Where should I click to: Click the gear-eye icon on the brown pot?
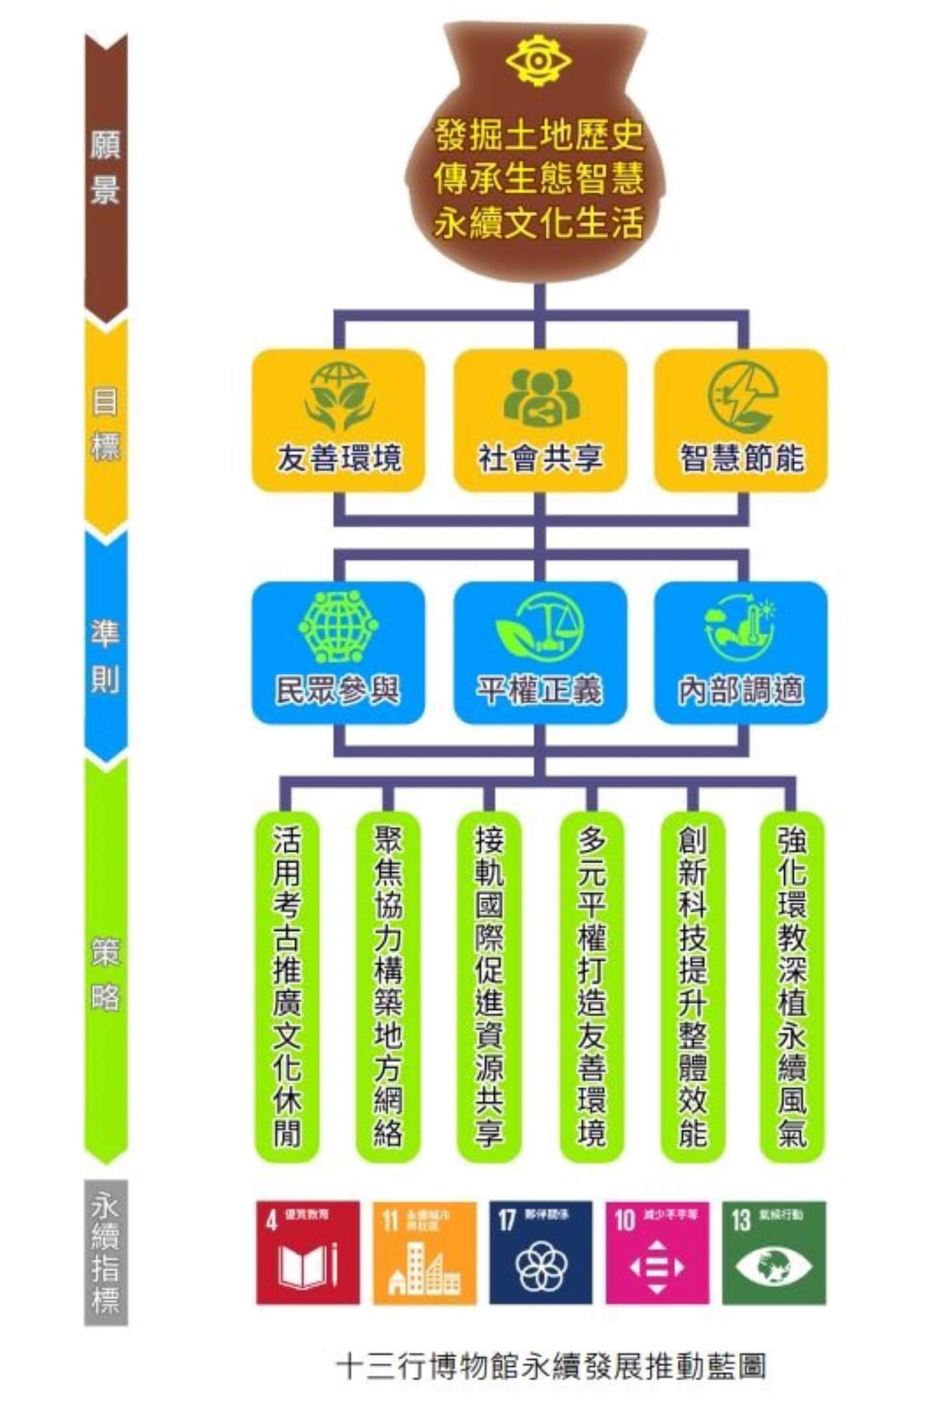tap(538, 61)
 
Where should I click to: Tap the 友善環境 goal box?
tap(338, 421)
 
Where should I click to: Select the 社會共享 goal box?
tap(540, 421)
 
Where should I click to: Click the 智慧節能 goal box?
tap(741, 421)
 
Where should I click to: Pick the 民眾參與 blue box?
tap(338, 653)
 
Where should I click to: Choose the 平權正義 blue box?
tap(540, 653)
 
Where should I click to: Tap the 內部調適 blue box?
tap(741, 653)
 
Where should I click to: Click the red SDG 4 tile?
tap(308, 1253)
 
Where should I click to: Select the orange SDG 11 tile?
tap(425, 1253)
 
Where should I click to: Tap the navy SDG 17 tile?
tap(541, 1253)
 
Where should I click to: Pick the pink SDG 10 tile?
tap(657, 1253)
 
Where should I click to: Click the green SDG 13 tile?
tap(774, 1253)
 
